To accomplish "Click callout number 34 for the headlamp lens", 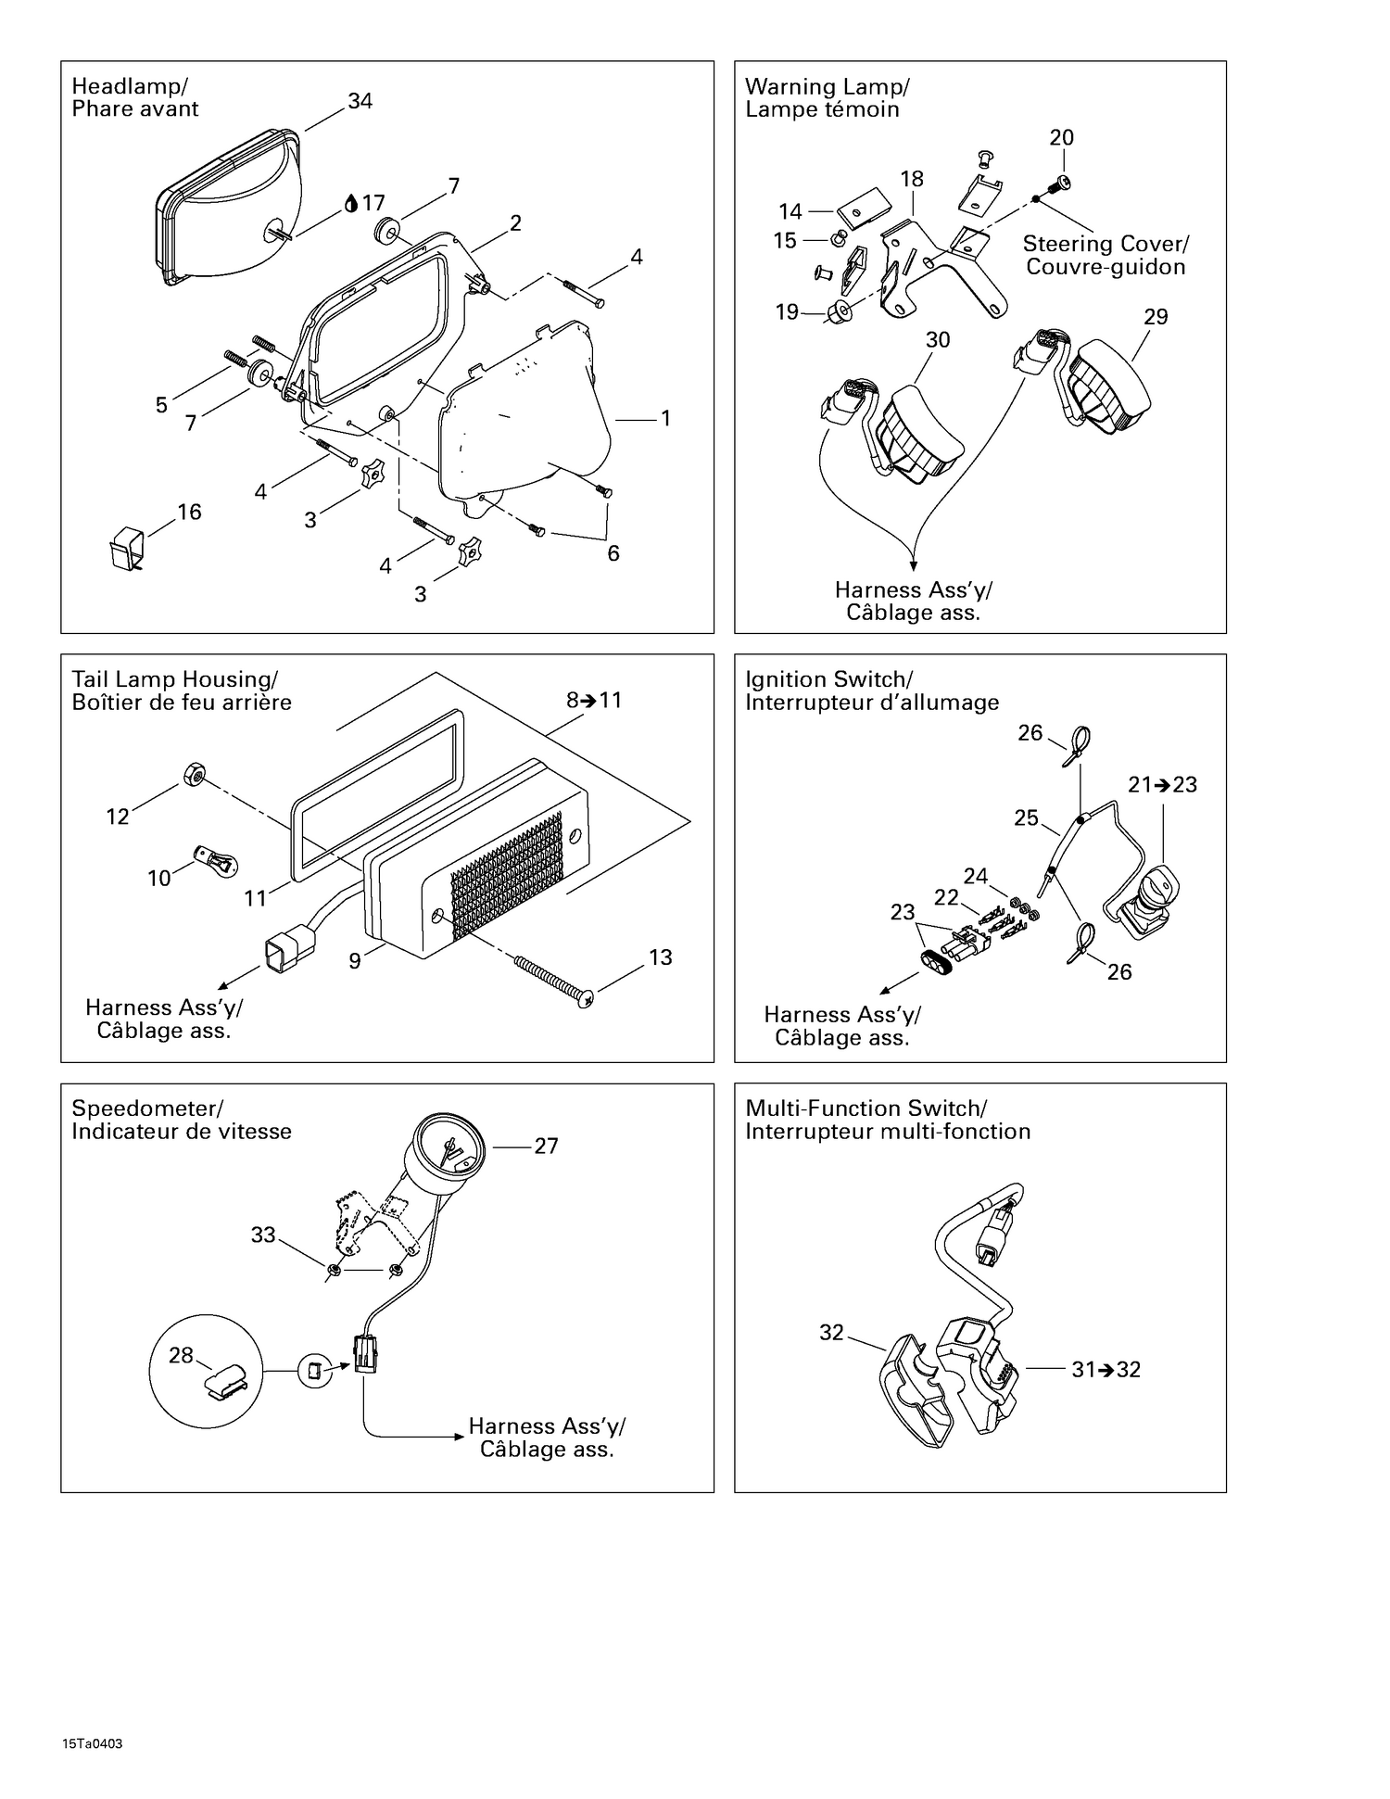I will [360, 101].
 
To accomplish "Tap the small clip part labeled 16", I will [125, 545].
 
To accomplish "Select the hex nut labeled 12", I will [194, 773].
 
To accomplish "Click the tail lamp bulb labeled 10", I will [218, 860].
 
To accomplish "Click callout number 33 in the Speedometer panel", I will [263, 1235].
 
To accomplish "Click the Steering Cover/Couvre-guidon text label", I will [1105, 255].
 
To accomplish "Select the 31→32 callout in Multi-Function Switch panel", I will [1105, 1369].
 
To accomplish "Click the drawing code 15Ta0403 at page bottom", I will [93, 1743].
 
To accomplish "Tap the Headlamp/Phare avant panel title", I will [135, 97].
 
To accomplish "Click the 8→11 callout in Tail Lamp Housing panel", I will [594, 700].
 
